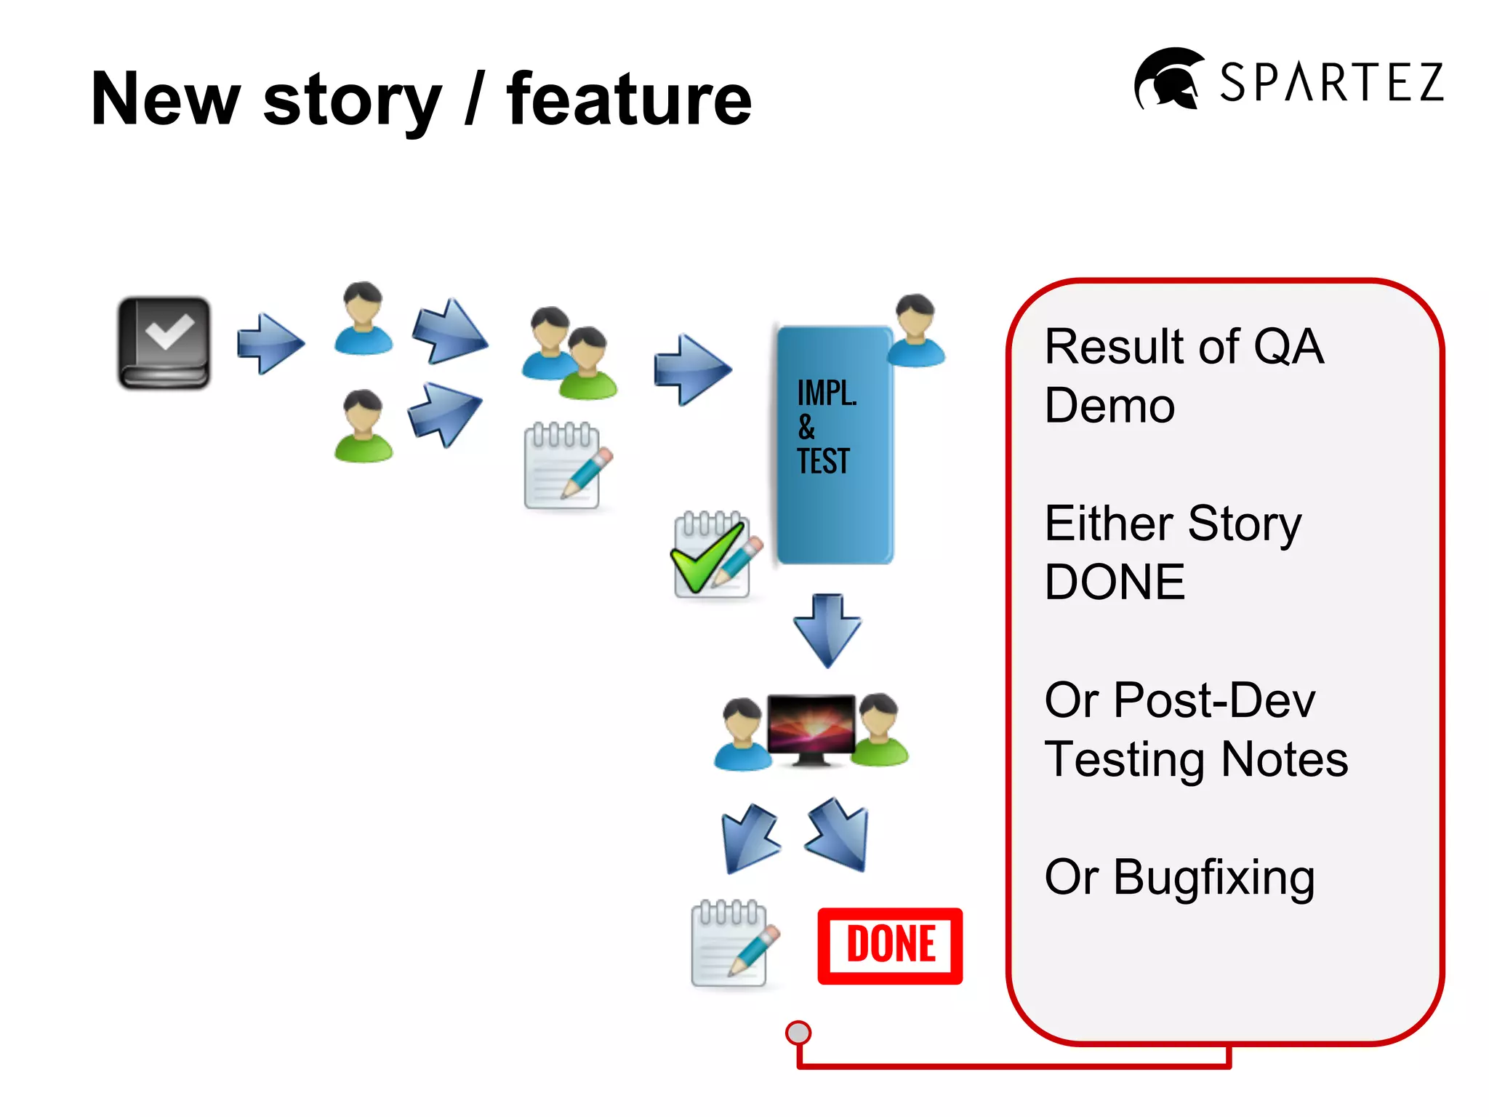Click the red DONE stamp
pyautogui.click(x=890, y=945)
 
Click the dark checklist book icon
pyautogui.click(x=164, y=343)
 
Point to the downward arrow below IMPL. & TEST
pyautogui.click(x=827, y=630)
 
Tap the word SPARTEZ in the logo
pyautogui.click(x=1331, y=82)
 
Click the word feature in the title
pyautogui.click(x=629, y=100)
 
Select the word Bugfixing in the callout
pyautogui.click(x=1214, y=878)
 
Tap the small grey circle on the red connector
pyautogui.click(x=798, y=1033)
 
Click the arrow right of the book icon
pyautogui.click(x=270, y=343)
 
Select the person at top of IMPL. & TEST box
pyautogui.click(x=916, y=330)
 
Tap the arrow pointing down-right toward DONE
pyautogui.click(x=838, y=835)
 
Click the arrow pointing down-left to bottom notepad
pyautogui.click(x=749, y=838)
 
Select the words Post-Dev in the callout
pyautogui.click(x=1214, y=700)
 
